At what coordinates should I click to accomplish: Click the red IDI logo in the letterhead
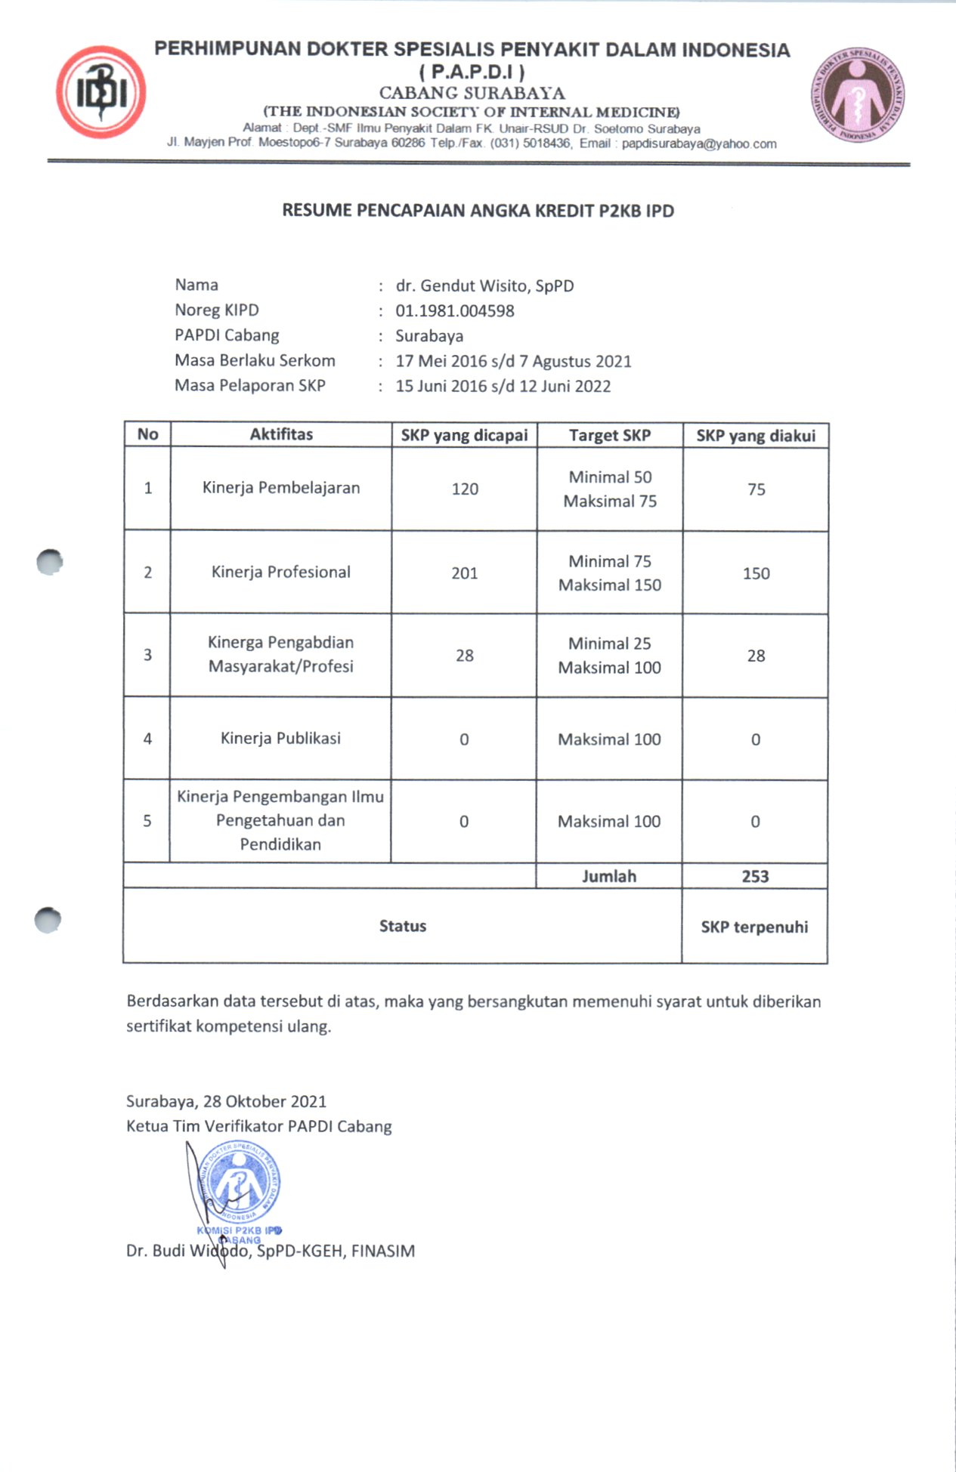click(x=101, y=92)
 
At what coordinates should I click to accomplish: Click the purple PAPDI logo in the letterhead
click(x=858, y=96)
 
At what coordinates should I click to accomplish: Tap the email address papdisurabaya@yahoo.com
click(x=699, y=143)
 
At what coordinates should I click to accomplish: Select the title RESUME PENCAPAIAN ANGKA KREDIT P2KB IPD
click(x=478, y=211)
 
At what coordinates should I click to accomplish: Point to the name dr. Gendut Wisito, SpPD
click(x=484, y=286)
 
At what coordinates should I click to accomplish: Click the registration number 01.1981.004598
click(x=454, y=311)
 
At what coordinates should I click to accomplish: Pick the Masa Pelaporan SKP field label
click(x=250, y=386)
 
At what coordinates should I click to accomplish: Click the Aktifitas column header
click(x=281, y=434)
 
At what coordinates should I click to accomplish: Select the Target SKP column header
click(x=609, y=436)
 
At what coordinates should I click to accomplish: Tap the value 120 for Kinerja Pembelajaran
click(x=465, y=489)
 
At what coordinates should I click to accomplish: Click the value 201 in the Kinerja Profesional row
click(x=465, y=573)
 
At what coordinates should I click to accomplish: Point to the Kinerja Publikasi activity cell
click(x=280, y=739)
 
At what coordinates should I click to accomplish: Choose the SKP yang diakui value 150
click(x=756, y=573)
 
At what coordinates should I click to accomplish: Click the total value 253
click(x=755, y=877)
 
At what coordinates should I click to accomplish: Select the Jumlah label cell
click(x=609, y=877)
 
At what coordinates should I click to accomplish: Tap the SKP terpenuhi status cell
click(x=754, y=927)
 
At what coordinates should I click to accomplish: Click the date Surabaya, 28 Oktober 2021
click(x=226, y=1102)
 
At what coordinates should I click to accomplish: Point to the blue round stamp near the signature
click(x=239, y=1183)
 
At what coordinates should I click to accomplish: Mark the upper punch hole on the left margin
click(x=49, y=562)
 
